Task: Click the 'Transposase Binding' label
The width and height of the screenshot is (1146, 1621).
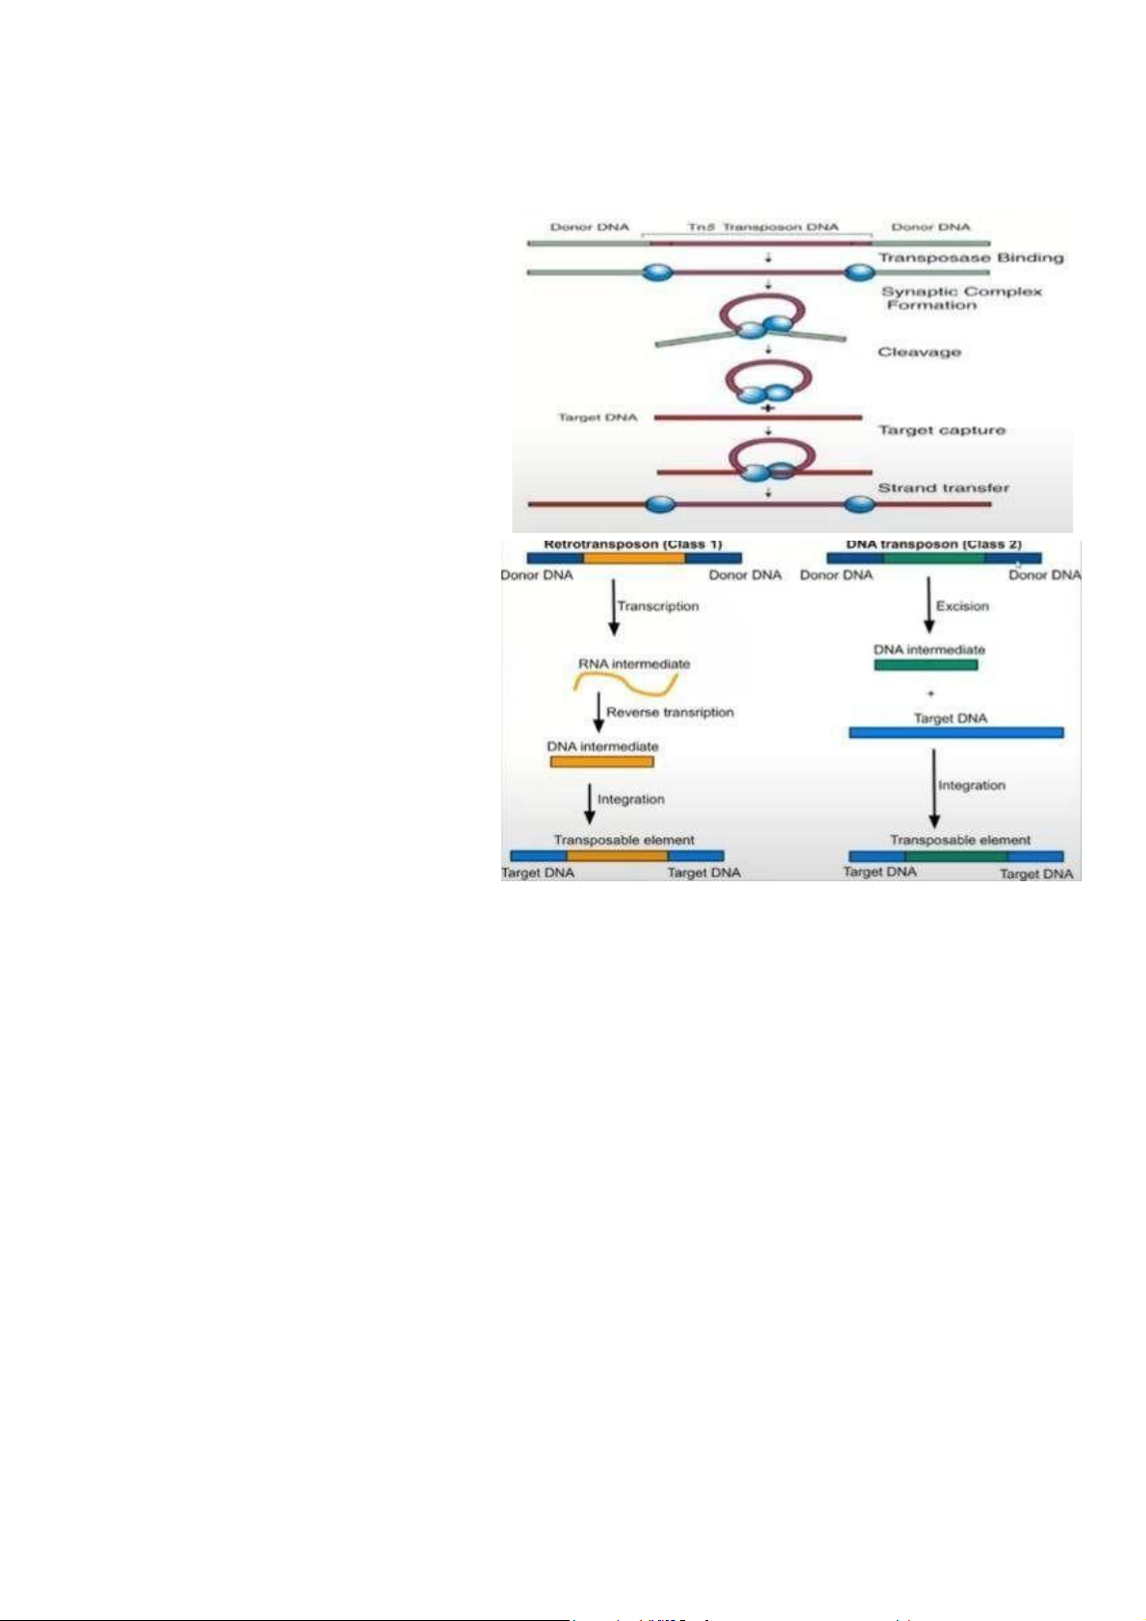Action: click(970, 258)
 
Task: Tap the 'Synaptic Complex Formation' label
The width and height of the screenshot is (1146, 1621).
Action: click(961, 298)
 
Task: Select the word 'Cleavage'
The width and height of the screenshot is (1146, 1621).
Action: click(919, 352)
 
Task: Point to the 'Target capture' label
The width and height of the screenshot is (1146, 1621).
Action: click(941, 430)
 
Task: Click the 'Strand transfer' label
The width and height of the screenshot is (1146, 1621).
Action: click(943, 488)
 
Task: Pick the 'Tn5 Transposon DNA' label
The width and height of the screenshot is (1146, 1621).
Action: click(762, 227)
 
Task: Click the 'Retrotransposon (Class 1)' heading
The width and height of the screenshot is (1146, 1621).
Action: click(632, 545)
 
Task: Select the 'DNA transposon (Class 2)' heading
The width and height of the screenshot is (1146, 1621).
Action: click(933, 545)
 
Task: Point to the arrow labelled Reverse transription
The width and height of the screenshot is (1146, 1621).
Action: click(598, 712)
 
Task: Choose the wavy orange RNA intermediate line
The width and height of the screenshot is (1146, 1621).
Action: click(625, 684)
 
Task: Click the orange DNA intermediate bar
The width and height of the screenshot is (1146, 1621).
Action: click(601, 762)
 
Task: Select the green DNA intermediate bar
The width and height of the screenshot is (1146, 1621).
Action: click(926, 665)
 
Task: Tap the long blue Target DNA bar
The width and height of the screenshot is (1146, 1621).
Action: click(955, 733)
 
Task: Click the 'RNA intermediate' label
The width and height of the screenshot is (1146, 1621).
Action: click(634, 664)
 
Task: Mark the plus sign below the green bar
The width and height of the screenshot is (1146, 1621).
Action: click(930, 693)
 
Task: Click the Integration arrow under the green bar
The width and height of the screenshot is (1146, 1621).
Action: click(933, 788)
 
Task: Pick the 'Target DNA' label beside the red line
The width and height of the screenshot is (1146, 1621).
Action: click(598, 418)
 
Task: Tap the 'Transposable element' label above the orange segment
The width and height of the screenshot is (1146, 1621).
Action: click(624, 840)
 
